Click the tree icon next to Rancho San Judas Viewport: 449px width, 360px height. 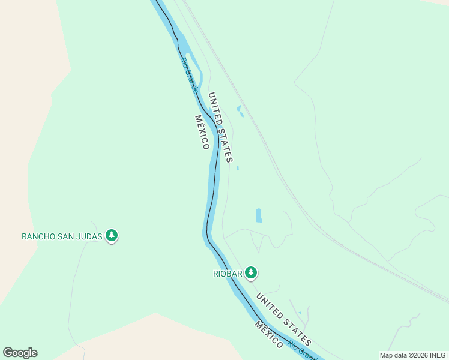tap(111, 236)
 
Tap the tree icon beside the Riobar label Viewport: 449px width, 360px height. tap(251, 274)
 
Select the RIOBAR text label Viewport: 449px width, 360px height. tap(228, 274)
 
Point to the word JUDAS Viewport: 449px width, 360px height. tap(90, 236)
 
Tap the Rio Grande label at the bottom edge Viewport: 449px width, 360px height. tap(301, 350)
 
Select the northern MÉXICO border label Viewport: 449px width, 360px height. tap(202, 132)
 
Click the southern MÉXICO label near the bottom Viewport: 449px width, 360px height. tap(268, 334)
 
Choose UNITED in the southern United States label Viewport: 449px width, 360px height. tap(268, 304)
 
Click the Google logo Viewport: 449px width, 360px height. tap(20, 353)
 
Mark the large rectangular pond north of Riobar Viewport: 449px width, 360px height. tap(259, 215)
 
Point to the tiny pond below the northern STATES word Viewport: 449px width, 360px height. tap(238, 168)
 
